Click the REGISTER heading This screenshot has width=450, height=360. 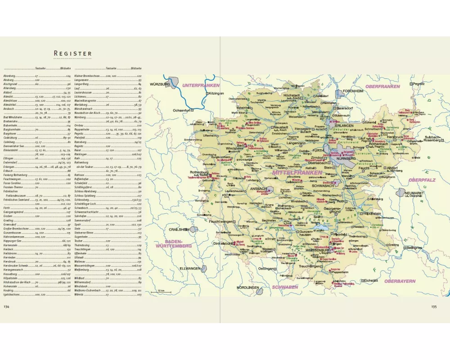click(72, 54)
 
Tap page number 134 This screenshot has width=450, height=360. click(7, 306)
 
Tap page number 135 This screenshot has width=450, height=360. click(434, 307)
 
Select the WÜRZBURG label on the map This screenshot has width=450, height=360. click(159, 84)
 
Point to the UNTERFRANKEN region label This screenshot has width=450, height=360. click(201, 85)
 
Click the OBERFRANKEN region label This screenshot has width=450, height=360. click(383, 86)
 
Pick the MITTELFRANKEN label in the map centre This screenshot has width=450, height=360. click(297, 172)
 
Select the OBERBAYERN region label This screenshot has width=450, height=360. click(400, 281)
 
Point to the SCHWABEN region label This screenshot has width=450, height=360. click(285, 287)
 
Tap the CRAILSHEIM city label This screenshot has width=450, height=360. click(178, 229)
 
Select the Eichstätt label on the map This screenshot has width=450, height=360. click(372, 280)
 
